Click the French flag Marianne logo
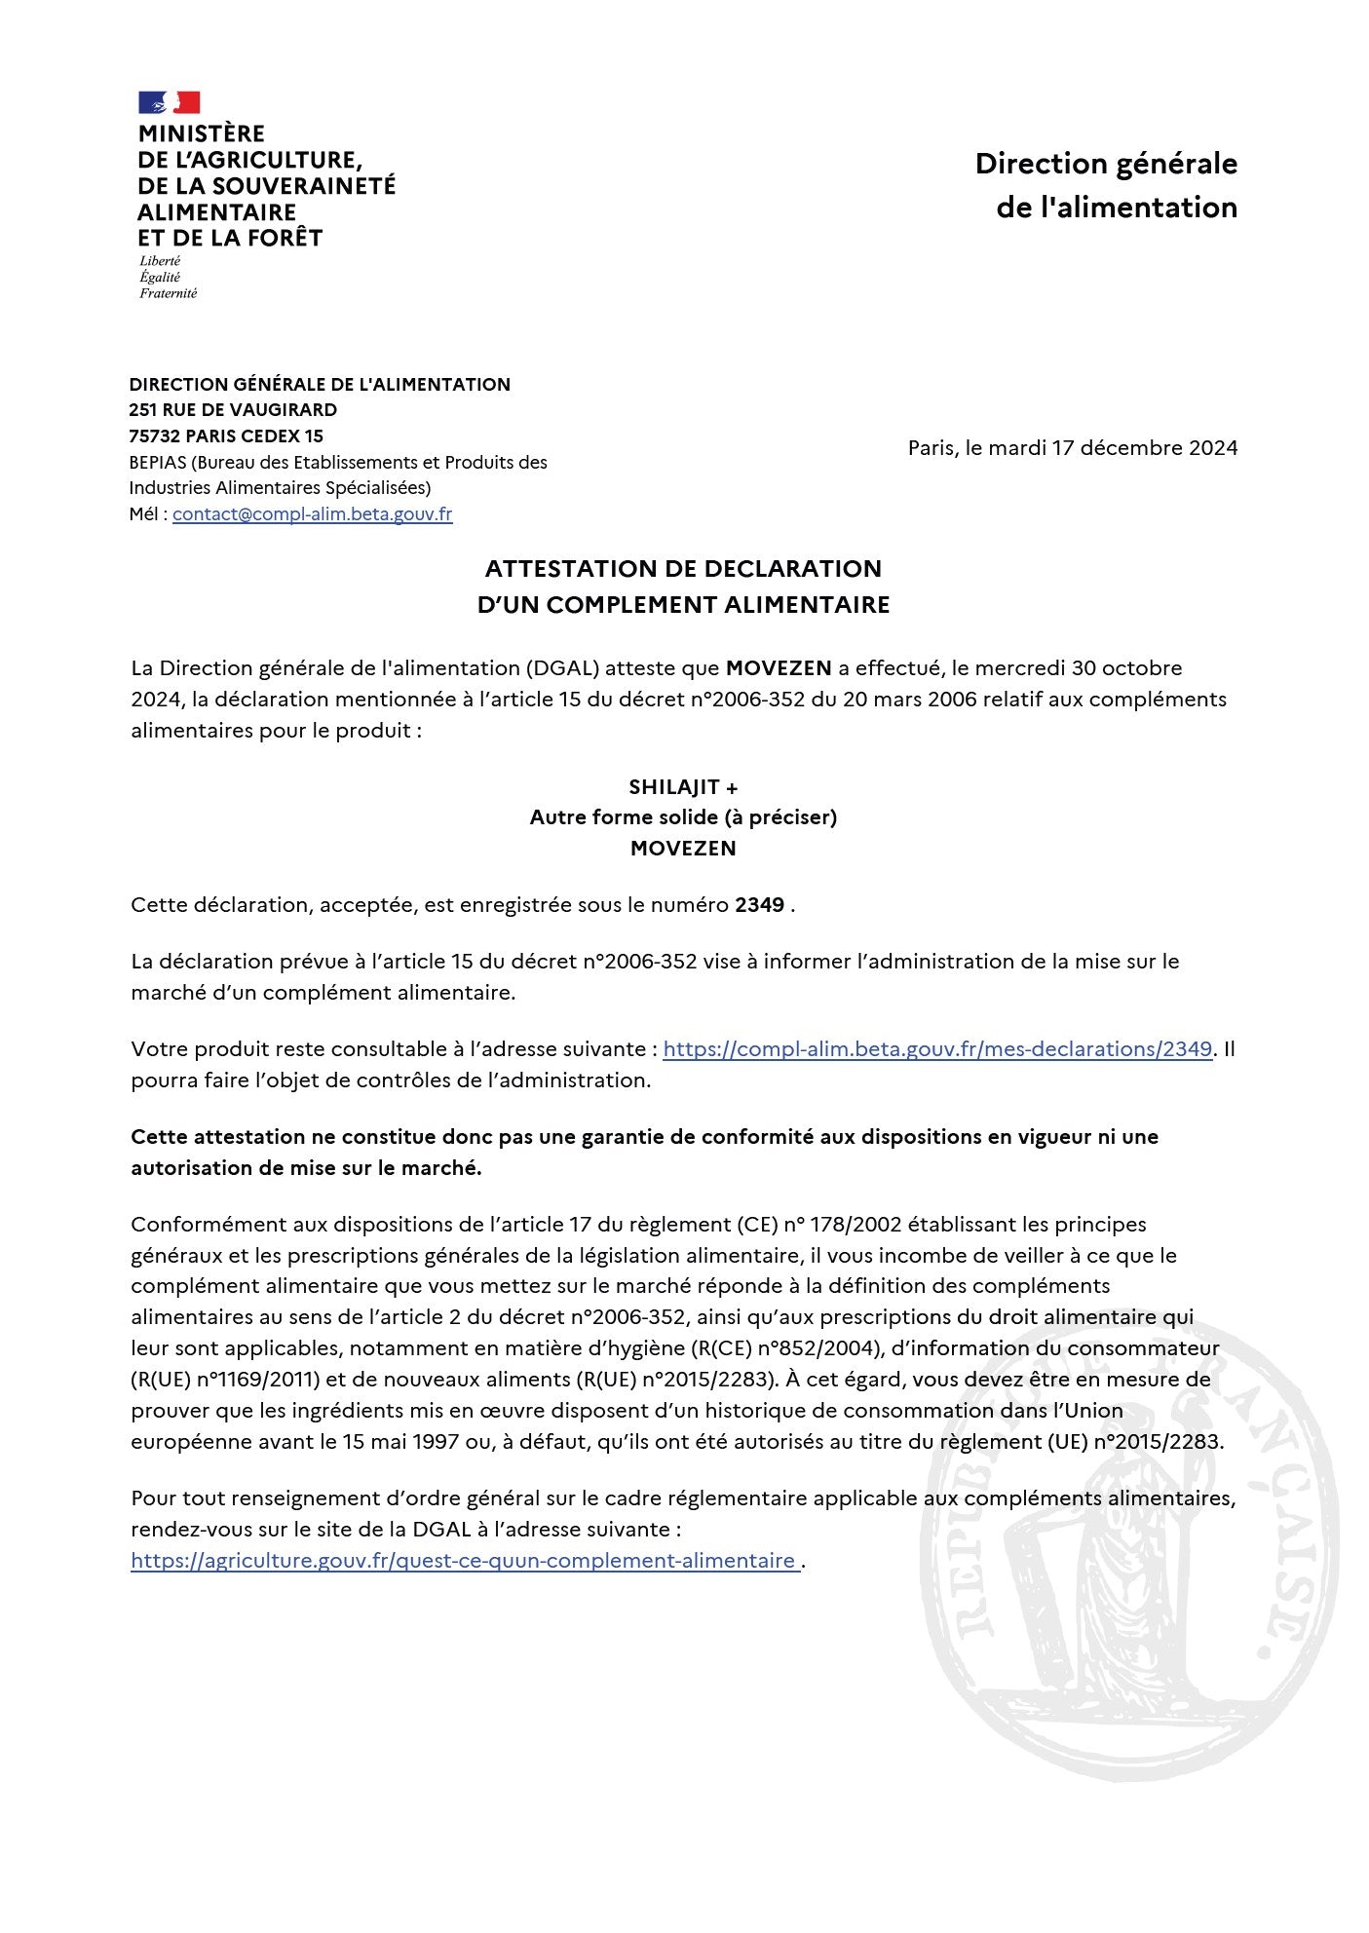pyautogui.click(x=169, y=102)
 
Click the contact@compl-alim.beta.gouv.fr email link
pyautogui.click(x=312, y=513)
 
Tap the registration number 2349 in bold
pyautogui.click(x=759, y=904)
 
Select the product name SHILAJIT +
pyautogui.click(x=683, y=786)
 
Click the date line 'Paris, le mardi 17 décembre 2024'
pyautogui.click(x=1072, y=447)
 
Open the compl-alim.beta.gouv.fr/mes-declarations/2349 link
pyautogui.click(x=937, y=1048)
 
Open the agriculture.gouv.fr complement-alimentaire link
pyautogui.click(x=464, y=1560)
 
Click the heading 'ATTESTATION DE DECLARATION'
pyautogui.click(x=683, y=568)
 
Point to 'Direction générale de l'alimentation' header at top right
pyautogui.click(x=1106, y=185)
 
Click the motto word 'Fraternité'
pyautogui.click(x=168, y=293)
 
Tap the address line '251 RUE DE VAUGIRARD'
pyautogui.click(x=233, y=409)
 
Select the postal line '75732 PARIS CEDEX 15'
pyautogui.click(x=226, y=436)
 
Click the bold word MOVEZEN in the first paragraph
pyautogui.click(x=779, y=667)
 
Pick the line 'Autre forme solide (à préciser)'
pyautogui.click(x=683, y=816)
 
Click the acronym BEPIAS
pyautogui.click(x=159, y=462)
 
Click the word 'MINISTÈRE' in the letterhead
pyautogui.click(x=202, y=133)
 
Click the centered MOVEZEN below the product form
pyautogui.click(x=683, y=848)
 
